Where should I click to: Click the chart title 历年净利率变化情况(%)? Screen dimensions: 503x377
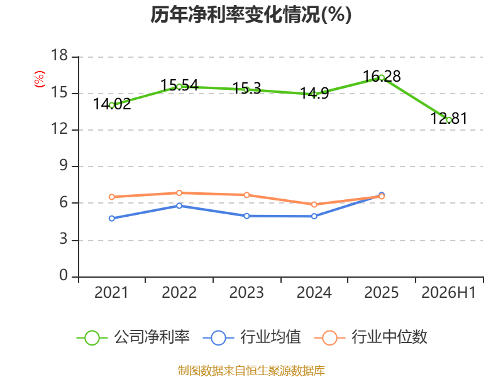[x=251, y=14]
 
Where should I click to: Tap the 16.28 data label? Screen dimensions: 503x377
[x=382, y=76]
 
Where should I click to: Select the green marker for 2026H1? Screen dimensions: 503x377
[x=449, y=120]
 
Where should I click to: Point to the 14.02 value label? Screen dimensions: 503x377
[x=112, y=104]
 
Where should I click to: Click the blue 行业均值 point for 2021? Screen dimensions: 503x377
[x=112, y=218]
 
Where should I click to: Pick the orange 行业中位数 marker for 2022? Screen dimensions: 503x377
[x=179, y=193]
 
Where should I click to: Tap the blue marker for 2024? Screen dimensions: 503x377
[x=314, y=216]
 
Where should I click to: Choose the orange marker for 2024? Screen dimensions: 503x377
[x=314, y=204]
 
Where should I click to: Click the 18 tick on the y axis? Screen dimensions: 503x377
[x=59, y=55]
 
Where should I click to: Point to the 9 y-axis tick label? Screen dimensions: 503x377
[x=64, y=165]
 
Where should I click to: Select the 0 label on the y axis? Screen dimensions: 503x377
[x=64, y=275]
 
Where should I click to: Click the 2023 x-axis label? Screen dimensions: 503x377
[x=246, y=292]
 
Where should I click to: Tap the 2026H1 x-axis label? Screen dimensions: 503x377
[x=448, y=292]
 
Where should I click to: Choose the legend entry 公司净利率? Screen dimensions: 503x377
[x=133, y=337]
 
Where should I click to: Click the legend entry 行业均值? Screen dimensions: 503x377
[x=252, y=337]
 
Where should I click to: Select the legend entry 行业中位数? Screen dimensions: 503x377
[x=370, y=337]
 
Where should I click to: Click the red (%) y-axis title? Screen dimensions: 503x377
[x=40, y=79]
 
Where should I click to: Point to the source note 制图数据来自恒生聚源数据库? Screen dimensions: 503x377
[x=251, y=370]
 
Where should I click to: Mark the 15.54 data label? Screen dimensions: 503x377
[x=179, y=85]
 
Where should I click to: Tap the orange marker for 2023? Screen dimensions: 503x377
[x=246, y=195]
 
